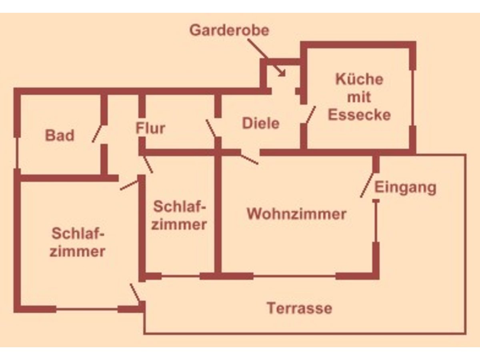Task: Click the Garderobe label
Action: coord(229,30)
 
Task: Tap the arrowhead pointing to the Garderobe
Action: coord(282,74)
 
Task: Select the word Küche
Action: coord(359,79)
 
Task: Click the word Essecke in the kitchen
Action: coord(359,115)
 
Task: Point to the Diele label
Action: coord(260,123)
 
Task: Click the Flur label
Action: coord(150,129)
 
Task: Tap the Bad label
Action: coord(60,135)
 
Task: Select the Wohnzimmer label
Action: coord(296,214)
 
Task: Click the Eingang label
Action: coord(405,187)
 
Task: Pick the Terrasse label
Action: coord(300,308)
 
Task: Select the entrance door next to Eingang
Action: coord(367,185)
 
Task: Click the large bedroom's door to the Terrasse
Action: coord(135,293)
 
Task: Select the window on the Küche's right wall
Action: coord(413,98)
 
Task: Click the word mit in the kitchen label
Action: coord(359,97)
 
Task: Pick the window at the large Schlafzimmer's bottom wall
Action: coord(87,309)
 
